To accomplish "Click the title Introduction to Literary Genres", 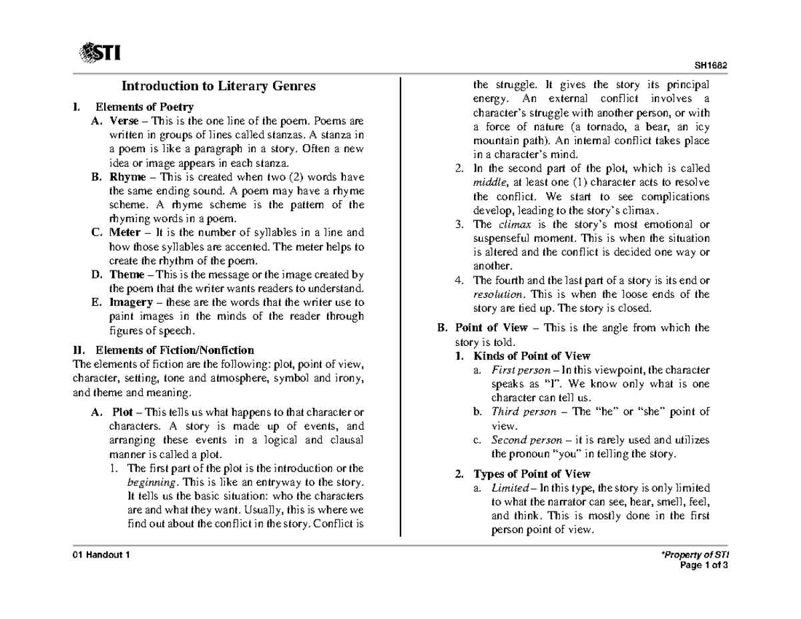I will tap(217, 86).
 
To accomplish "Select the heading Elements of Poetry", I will tap(145, 107).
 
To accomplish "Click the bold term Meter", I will tap(125, 233).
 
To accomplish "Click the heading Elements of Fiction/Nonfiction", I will tap(175, 350).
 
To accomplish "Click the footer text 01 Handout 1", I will tap(102, 557).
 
